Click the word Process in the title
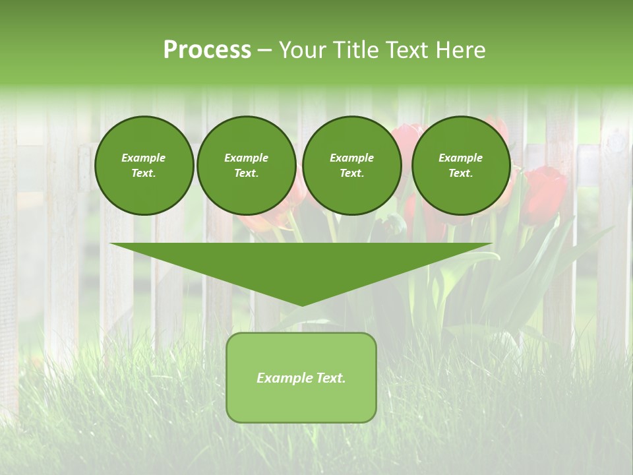(x=207, y=49)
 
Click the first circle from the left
(x=144, y=166)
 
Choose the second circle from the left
(x=246, y=166)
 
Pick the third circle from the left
(x=351, y=166)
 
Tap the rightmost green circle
(x=460, y=166)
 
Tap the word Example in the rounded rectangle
(x=284, y=378)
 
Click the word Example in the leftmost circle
(x=144, y=158)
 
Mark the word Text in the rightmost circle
(x=460, y=174)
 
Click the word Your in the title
(x=301, y=49)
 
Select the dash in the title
(x=264, y=49)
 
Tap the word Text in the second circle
(x=246, y=174)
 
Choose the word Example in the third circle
(x=351, y=158)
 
